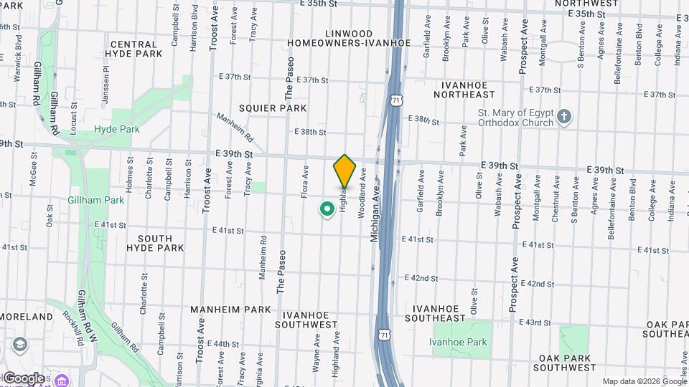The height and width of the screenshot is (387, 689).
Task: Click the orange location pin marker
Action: [x=344, y=170]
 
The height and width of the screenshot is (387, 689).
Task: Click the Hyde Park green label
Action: [x=117, y=130]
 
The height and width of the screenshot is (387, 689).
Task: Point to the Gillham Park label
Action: [x=96, y=200]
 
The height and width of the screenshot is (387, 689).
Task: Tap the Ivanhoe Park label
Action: [x=458, y=342]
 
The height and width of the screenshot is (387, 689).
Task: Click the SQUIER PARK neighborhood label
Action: [x=273, y=108]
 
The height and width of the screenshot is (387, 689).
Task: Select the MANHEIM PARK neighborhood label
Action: [x=230, y=310]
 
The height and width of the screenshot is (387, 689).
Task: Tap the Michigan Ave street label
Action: [x=375, y=213]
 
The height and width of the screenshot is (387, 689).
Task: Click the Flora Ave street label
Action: [x=305, y=181]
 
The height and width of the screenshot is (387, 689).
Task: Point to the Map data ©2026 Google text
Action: [x=645, y=381]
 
